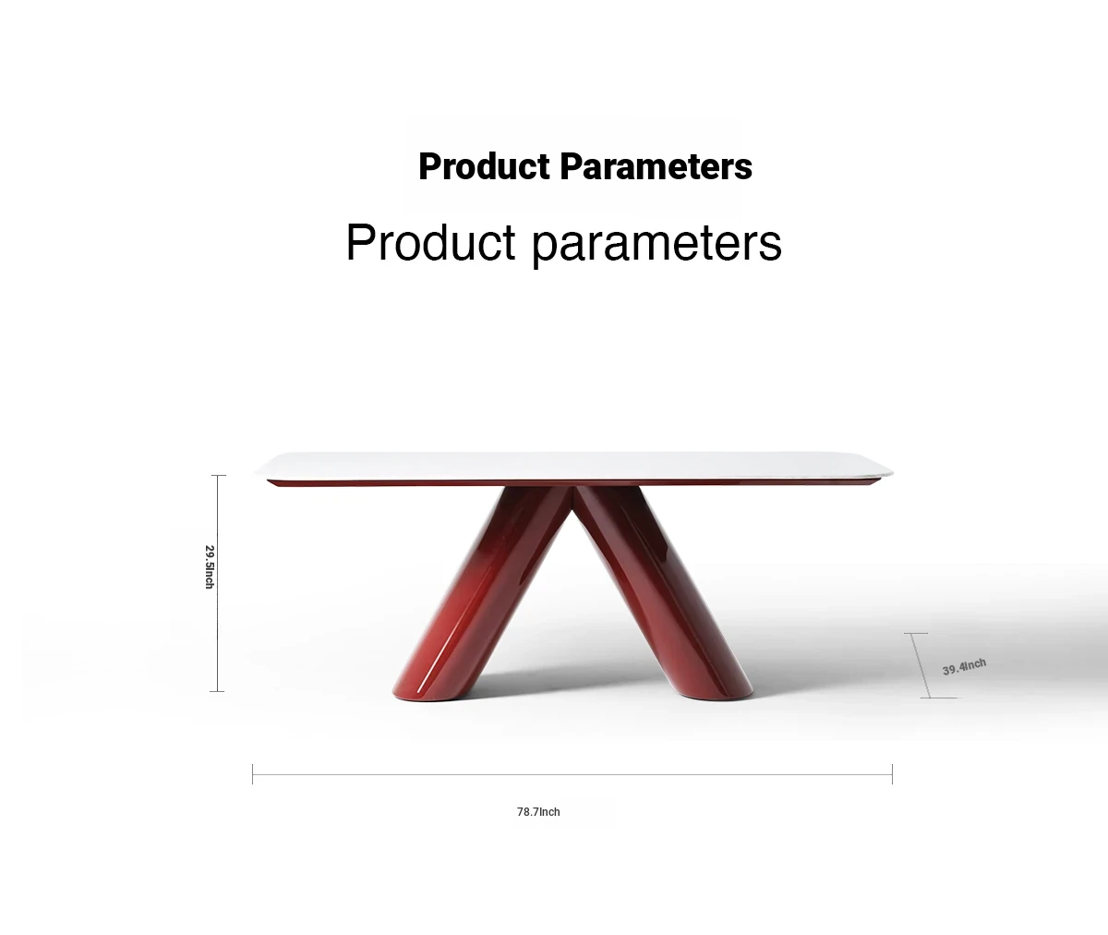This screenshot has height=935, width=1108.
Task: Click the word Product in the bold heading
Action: click(x=484, y=166)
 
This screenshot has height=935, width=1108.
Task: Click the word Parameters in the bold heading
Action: click(x=656, y=166)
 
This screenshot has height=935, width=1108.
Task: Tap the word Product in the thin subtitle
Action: click(x=430, y=243)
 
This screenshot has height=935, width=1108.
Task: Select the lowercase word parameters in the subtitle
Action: click(x=656, y=245)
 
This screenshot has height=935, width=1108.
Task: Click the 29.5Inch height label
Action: click(x=210, y=566)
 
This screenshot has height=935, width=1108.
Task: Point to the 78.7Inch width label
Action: click(x=538, y=812)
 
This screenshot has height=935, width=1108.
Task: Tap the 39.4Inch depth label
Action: click(x=964, y=667)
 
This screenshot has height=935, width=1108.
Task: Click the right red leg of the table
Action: click(x=663, y=592)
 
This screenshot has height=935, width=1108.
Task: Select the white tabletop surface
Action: click(x=573, y=466)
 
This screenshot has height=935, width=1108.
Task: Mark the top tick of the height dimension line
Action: click(x=219, y=475)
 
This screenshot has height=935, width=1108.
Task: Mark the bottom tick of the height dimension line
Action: click(x=217, y=691)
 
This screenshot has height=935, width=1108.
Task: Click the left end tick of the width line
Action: click(x=253, y=774)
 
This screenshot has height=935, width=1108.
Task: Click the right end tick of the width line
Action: click(x=893, y=774)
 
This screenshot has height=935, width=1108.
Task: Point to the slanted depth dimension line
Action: click(x=921, y=666)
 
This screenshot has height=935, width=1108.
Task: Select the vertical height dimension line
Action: click(x=218, y=583)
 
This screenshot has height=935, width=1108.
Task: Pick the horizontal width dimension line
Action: click(x=572, y=774)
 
